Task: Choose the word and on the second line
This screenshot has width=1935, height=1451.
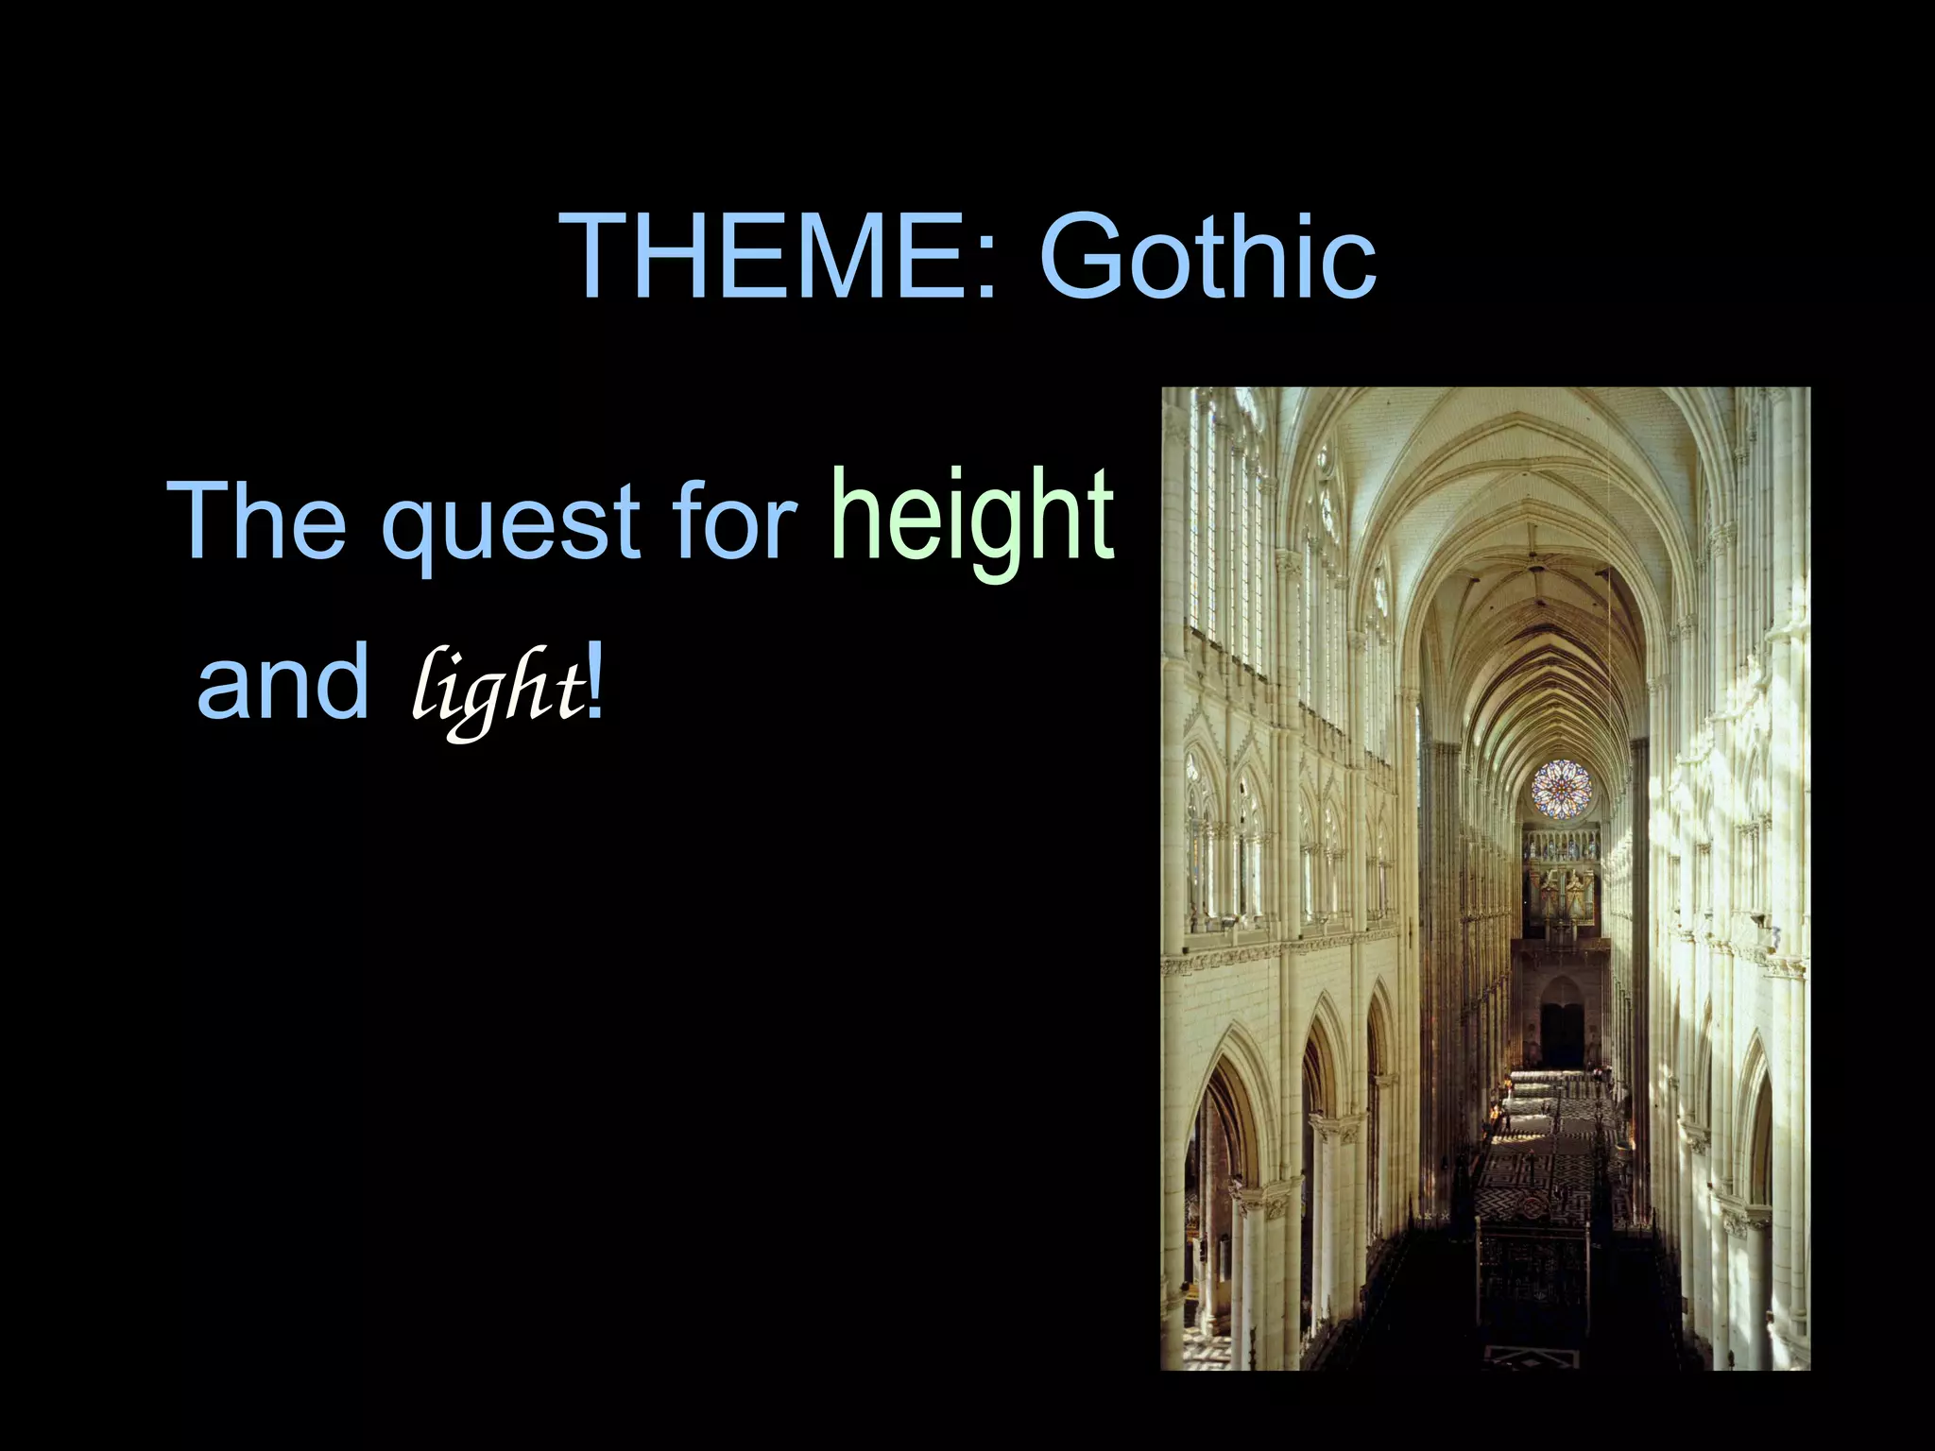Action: [283, 682]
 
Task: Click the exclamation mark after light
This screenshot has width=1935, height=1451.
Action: [594, 682]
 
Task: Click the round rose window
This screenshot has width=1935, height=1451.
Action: [1561, 789]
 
